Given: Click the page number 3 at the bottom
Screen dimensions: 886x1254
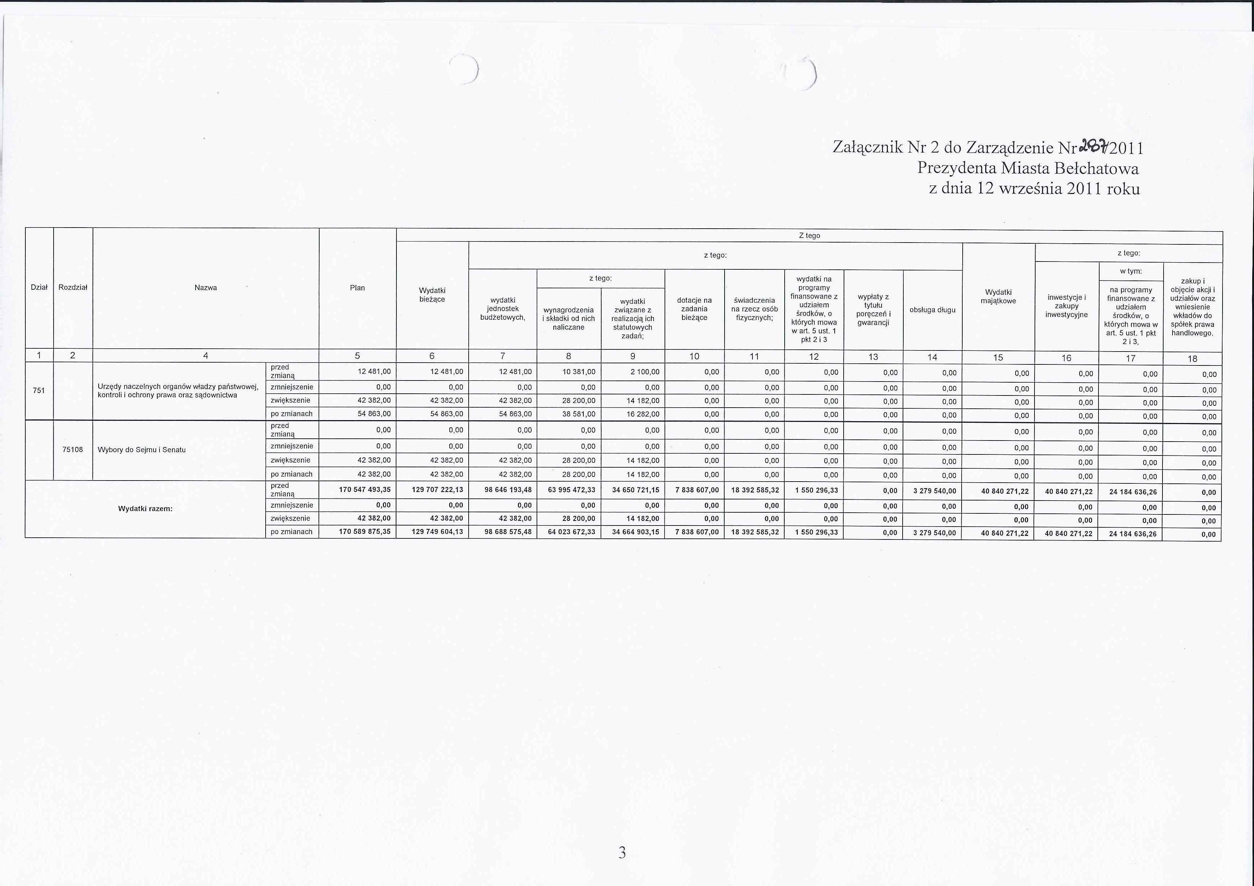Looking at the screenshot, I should (622, 852).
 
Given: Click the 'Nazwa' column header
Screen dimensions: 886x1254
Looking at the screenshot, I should (205, 288).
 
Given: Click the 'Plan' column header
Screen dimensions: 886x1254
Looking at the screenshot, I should (357, 288).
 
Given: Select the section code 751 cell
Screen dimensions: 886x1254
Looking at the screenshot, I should (39, 390).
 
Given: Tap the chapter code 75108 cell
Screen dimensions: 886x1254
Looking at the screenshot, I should (73, 450).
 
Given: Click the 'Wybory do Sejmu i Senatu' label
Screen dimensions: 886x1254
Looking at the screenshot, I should (142, 450).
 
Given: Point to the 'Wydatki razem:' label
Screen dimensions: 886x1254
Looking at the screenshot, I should (145, 509).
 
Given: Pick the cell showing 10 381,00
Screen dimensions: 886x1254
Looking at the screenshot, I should (579, 372).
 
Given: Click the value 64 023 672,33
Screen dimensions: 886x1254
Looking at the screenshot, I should (571, 532).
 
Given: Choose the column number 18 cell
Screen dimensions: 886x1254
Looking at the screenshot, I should (1192, 359).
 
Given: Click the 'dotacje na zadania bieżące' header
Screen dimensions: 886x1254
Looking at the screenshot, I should (694, 309).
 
